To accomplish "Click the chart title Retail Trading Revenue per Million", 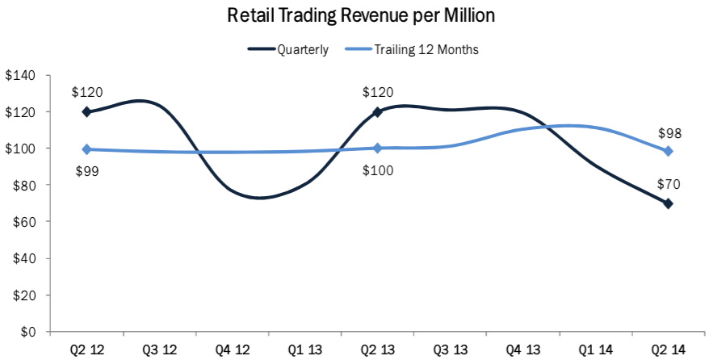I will click(360, 15).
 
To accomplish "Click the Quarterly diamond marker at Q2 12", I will click(86, 112).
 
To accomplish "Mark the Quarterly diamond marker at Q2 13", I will click(377, 112).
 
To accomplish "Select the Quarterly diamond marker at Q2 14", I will click(668, 203).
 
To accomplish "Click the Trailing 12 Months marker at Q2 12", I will click(86, 149).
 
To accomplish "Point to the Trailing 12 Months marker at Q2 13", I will click(377, 149).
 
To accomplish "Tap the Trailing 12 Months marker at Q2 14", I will click(668, 152).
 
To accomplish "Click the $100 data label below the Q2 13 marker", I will click(377, 169).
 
